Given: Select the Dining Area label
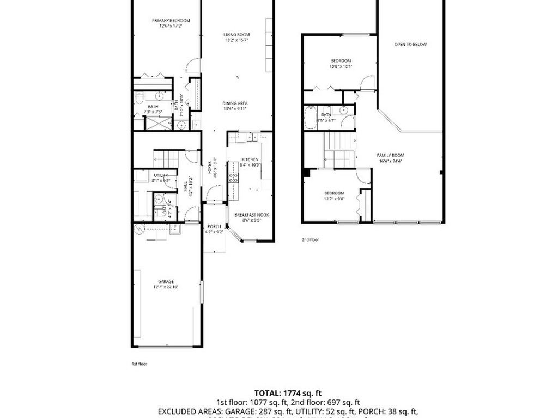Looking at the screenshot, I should click(x=235, y=103).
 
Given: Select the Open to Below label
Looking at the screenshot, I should click(x=410, y=45).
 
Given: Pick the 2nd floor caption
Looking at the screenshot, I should click(x=311, y=239).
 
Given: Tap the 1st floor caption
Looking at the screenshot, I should click(x=139, y=364).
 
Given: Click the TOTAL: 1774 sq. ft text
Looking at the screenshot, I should click(x=288, y=392).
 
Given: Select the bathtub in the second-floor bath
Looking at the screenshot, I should click(x=310, y=118).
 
